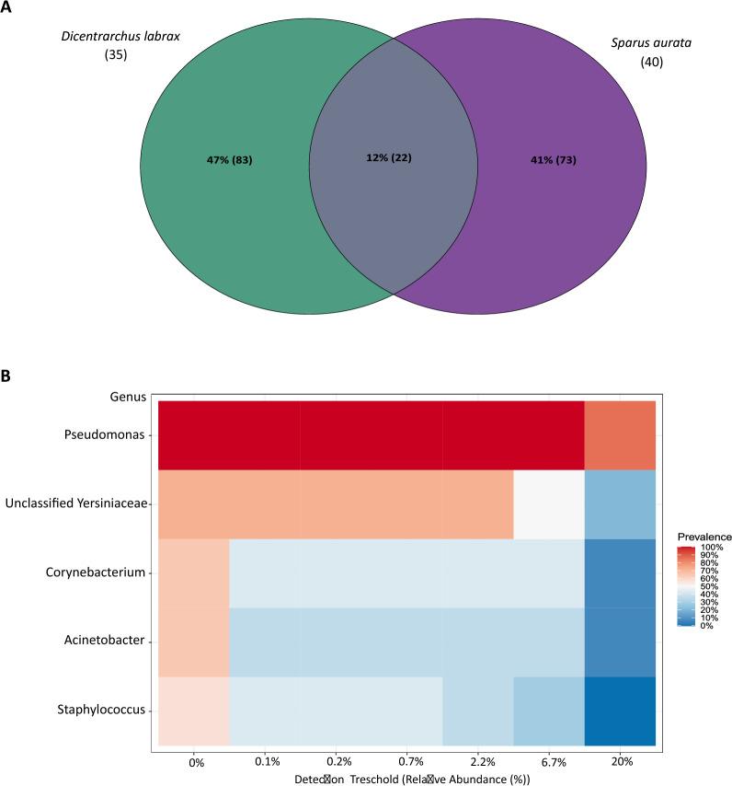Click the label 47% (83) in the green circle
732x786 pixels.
point(229,160)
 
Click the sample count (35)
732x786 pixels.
point(117,56)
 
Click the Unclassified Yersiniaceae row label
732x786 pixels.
point(76,503)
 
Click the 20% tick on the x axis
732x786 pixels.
point(620,763)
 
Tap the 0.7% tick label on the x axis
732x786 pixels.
point(407,763)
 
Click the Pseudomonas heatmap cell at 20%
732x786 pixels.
point(620,435)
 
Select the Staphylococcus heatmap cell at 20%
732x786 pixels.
point(620,711)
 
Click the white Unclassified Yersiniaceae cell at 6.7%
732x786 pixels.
point(549,503)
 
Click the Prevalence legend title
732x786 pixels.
point(703,536)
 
